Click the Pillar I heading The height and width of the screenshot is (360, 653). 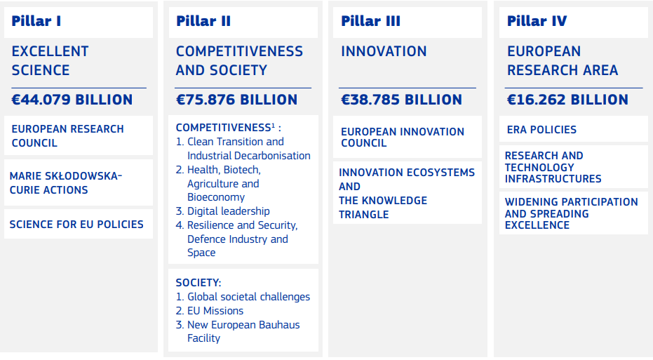(36, 21)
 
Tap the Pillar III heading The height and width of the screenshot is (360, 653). (370, 21)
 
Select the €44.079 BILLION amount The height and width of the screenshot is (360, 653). (72, 100)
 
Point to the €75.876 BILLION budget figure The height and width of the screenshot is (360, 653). (236, 100)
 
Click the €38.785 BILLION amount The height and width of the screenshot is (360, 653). (401, 100)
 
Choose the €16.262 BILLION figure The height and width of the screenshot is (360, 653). (567, 100)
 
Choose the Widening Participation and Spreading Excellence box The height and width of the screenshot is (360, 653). (572, 213)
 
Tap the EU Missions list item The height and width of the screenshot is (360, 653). (215, 311)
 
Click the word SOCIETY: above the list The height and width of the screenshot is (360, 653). (198, 283)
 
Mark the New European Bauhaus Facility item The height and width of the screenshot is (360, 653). (243, 331)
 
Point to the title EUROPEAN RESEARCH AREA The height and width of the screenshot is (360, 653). (563, 61)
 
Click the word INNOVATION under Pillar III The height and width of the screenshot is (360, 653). (384, 52)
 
